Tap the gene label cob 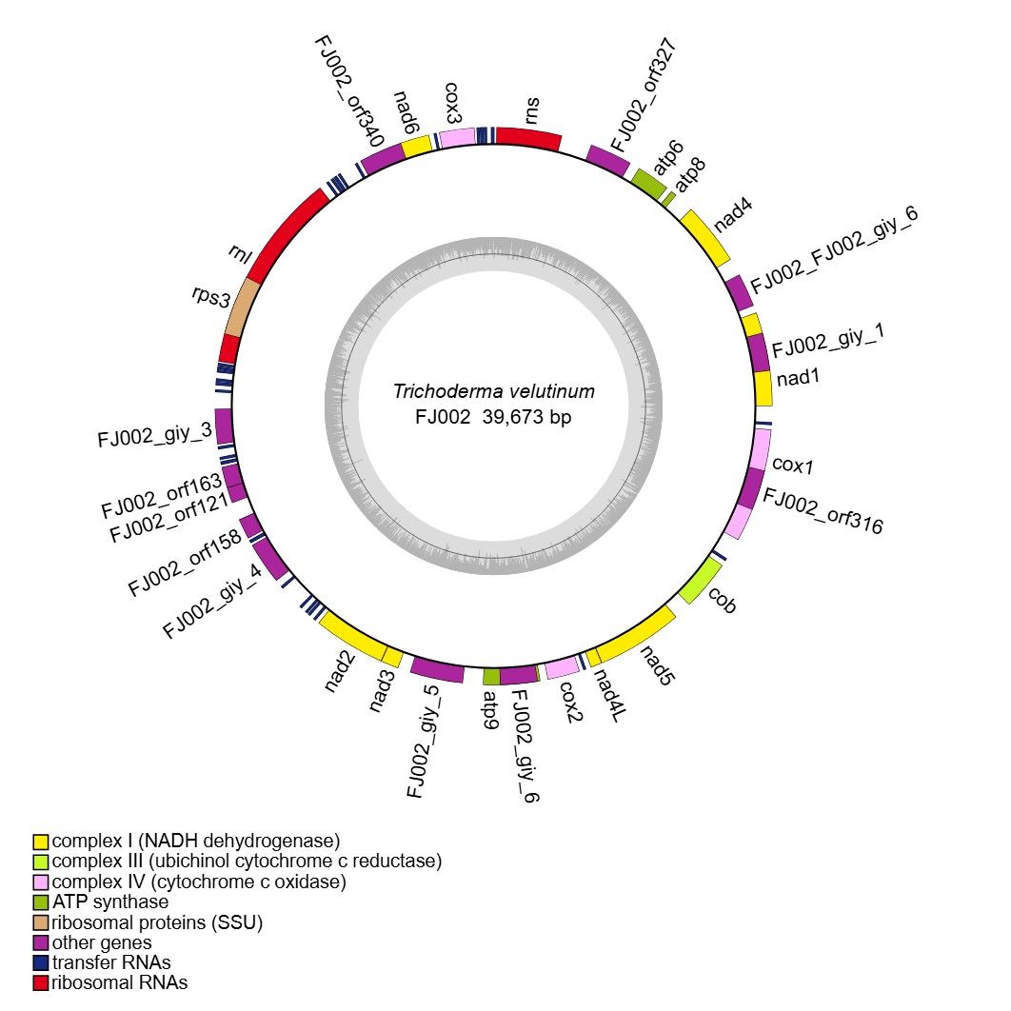[x=723, y=600]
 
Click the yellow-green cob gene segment [x=700, y=582]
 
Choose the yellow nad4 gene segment [x=706, y=237]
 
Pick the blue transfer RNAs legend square [x=41, y=962]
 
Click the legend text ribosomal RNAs [x=120, y=982]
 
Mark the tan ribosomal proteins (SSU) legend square [x=41, y=922]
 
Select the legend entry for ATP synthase [x=110, y=902]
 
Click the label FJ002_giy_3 [x=154, y=436]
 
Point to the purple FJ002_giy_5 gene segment [x=437, y=670]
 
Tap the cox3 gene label [x=453, y=104]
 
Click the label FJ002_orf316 [x=823, y=511]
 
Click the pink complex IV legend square [x=41, y=882]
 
